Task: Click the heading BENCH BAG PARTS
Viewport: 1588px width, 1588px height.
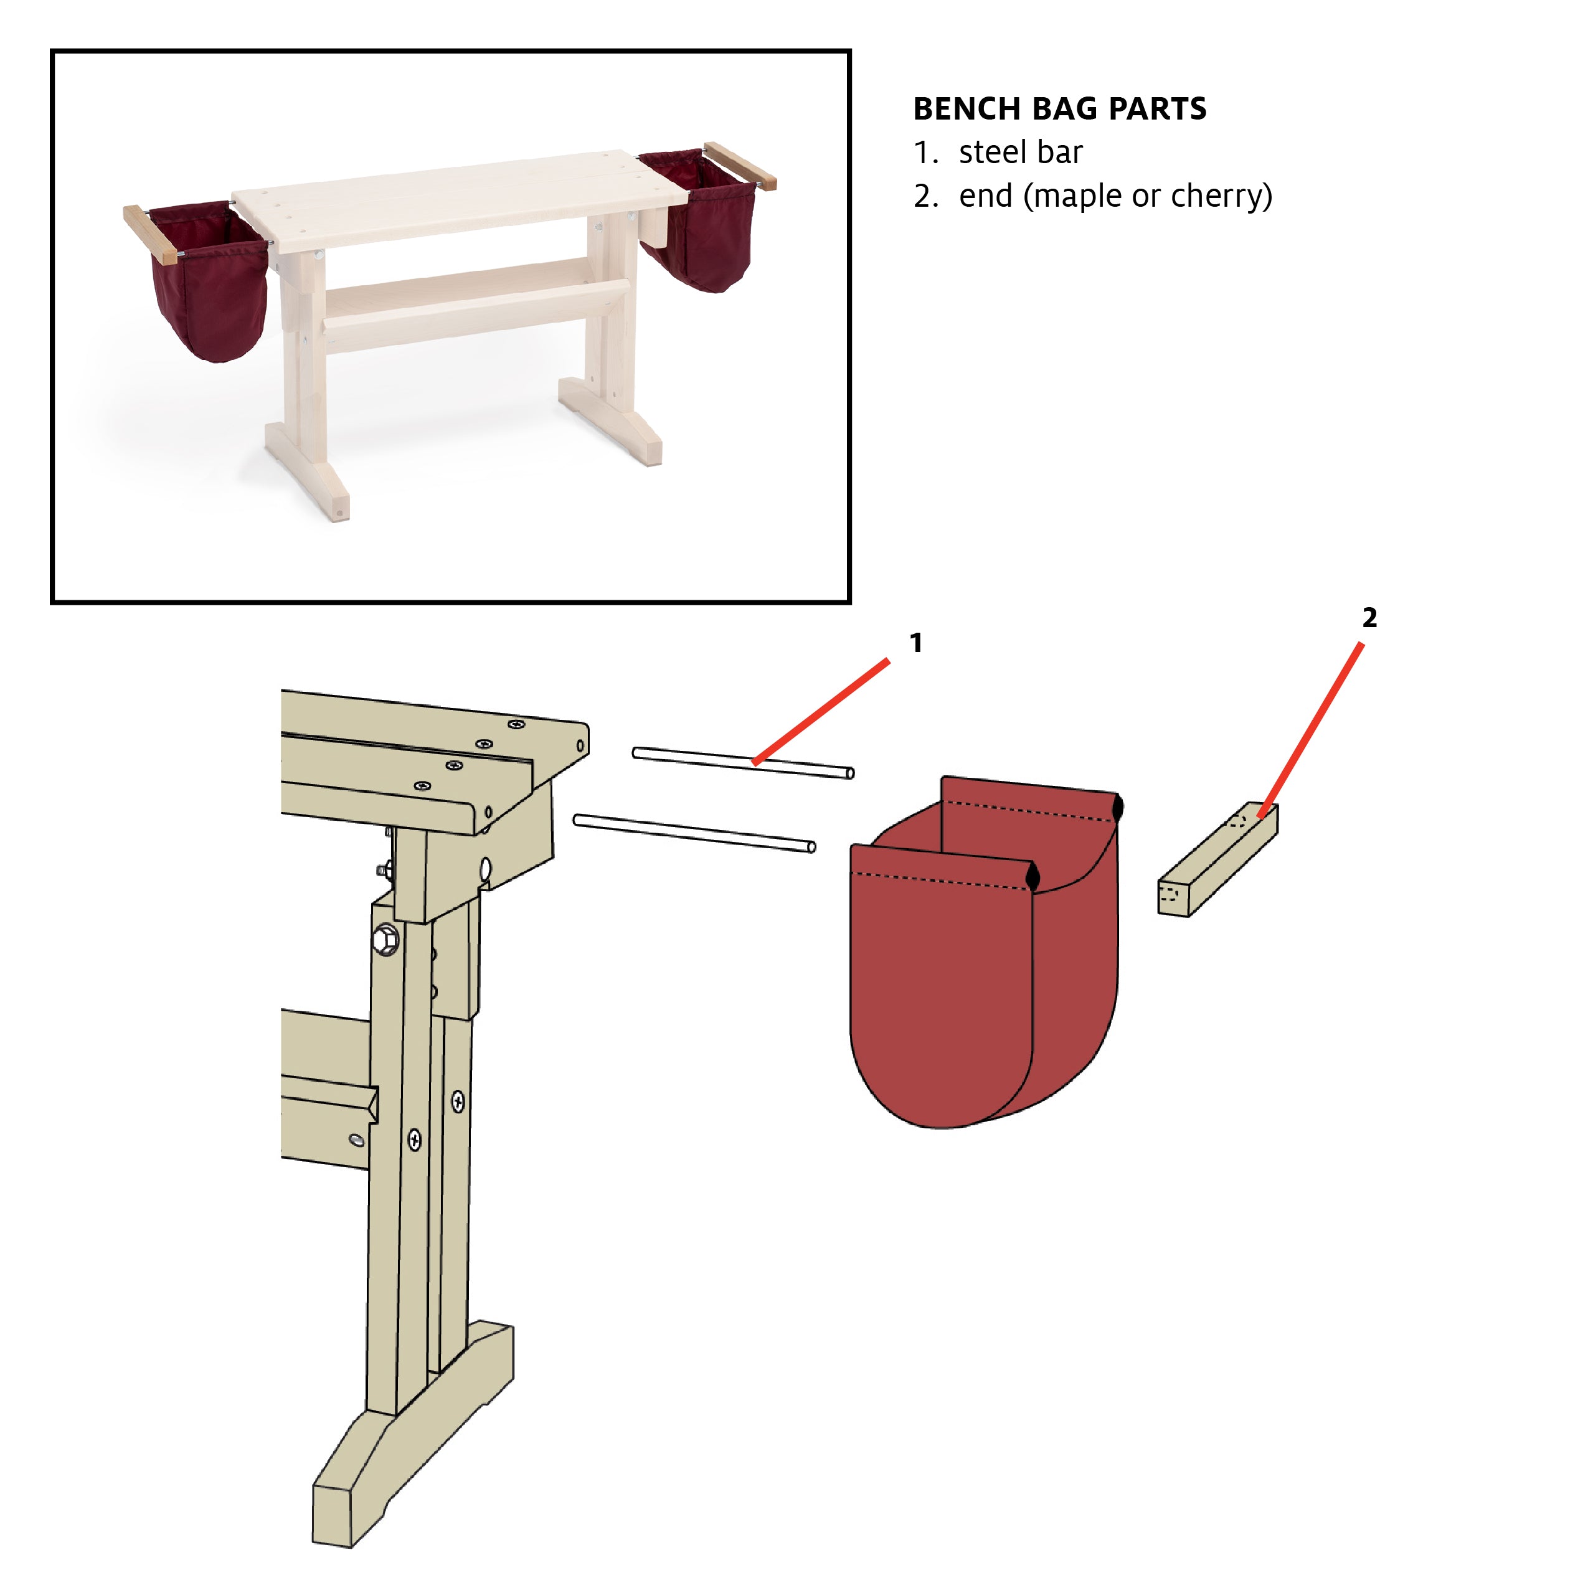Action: click(x=1059, y=108)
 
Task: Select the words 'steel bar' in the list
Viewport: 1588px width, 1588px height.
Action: click(x=1020, y=152)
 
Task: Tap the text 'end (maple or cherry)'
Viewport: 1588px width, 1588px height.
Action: click(x=1115, y=196)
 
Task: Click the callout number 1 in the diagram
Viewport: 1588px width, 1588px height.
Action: click(x=915, y=643)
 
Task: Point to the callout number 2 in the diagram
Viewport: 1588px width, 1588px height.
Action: click(x=1369, y=617)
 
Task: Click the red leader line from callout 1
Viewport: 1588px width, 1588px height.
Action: click(x=822, y=712)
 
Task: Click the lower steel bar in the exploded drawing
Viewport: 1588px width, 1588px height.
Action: click(x=694, y=833)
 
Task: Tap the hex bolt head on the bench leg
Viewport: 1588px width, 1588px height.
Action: click(x=385, y=938)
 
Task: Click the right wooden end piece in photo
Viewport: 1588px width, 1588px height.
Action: click(x=740, y=164)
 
